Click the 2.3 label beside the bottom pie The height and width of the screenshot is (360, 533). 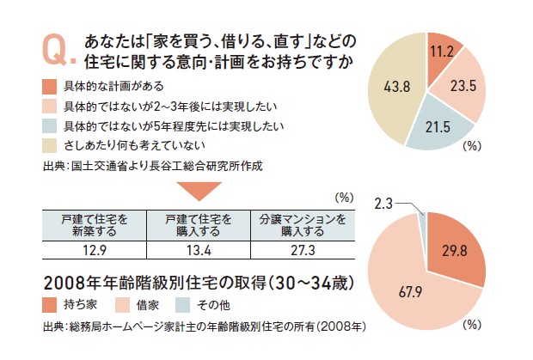pos(383,205)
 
